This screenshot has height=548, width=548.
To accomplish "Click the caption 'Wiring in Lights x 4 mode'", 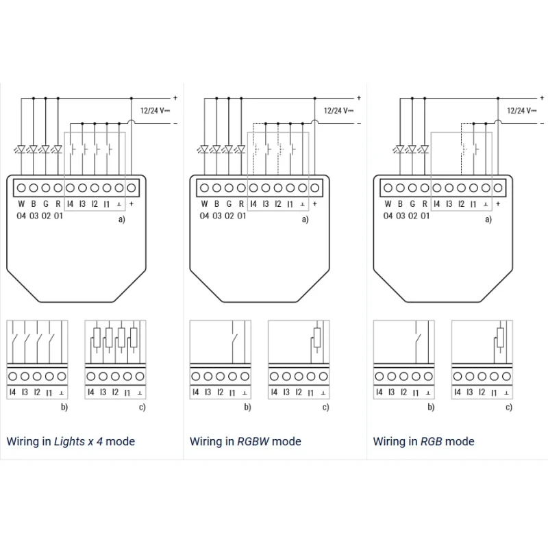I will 71,441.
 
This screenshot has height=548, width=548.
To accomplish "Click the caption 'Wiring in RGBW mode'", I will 245,441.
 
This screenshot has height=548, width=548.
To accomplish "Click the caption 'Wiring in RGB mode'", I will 423,441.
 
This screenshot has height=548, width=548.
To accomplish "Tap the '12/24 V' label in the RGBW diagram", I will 338,110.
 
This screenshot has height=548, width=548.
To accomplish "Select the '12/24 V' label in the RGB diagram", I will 521,110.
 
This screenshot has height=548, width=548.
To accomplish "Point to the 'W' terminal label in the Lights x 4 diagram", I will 21,204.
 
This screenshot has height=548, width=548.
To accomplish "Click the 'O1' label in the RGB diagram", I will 425,216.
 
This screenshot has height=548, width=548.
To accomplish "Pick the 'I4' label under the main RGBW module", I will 253,204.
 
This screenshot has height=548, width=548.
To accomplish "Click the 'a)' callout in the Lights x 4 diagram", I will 122,219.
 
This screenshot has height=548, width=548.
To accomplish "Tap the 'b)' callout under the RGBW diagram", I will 247,408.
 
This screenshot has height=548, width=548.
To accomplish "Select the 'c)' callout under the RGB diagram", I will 508,408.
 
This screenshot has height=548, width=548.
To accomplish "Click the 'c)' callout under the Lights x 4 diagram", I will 142,408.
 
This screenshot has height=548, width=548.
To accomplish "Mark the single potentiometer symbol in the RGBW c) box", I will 316,338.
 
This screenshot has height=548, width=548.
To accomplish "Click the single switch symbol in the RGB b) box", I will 416,338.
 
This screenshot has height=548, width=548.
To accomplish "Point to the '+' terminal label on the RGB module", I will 498,204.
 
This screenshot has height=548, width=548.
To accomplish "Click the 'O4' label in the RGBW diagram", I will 204,216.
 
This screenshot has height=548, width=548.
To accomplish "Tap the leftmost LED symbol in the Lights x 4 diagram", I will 21,149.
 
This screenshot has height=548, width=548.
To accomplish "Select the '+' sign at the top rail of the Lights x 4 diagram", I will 175,97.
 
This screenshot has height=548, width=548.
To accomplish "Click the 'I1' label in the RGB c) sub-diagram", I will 494,393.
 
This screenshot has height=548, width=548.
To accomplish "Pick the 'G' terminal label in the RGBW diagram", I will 229,204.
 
